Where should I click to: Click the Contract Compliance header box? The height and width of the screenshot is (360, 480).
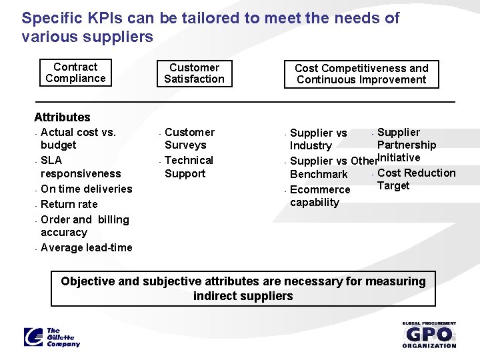pyautogui.click(x=75, y=73)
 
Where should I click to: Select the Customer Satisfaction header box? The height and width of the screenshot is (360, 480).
pyautogui.click(x=195, y=73)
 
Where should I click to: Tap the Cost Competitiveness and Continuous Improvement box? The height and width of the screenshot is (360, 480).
pyautogui.click(x=361, y=74)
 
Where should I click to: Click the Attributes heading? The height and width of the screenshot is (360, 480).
pyautogui.click(x=62, y=117)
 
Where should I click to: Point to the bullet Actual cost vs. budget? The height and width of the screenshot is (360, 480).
pyautogui.click(x=78, y=139)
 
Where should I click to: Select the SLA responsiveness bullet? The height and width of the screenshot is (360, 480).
pyautogui.click(x=80, y=167)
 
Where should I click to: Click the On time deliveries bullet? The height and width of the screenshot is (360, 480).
pyautogui.click(x=86, y=189)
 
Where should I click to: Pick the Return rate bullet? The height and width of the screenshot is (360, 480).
pyautogui.click(x=69, y=204)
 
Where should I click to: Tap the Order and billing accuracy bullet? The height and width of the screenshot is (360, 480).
pyautogui.click(x=84, y=225)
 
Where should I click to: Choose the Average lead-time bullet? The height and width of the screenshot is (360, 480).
pyautogui.click(x=86, y=247)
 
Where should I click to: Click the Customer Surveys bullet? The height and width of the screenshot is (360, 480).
pyautogui.click(x=189, y=139)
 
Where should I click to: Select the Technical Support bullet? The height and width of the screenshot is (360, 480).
pyautogui.click(x=188, y=167)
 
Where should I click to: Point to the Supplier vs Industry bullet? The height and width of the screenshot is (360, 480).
pyautogui.click(x=318, y=139)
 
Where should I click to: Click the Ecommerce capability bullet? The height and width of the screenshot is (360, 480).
pyautogui.click(x=319, y=196)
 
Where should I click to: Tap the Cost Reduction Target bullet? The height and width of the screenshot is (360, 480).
pyautogui.click(x=415, y=179)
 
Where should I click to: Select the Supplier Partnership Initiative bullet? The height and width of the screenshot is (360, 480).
pyautogui.click(x=406, y=145)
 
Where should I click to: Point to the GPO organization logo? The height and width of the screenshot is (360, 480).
pyautogui.click(x=429, y=335)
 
